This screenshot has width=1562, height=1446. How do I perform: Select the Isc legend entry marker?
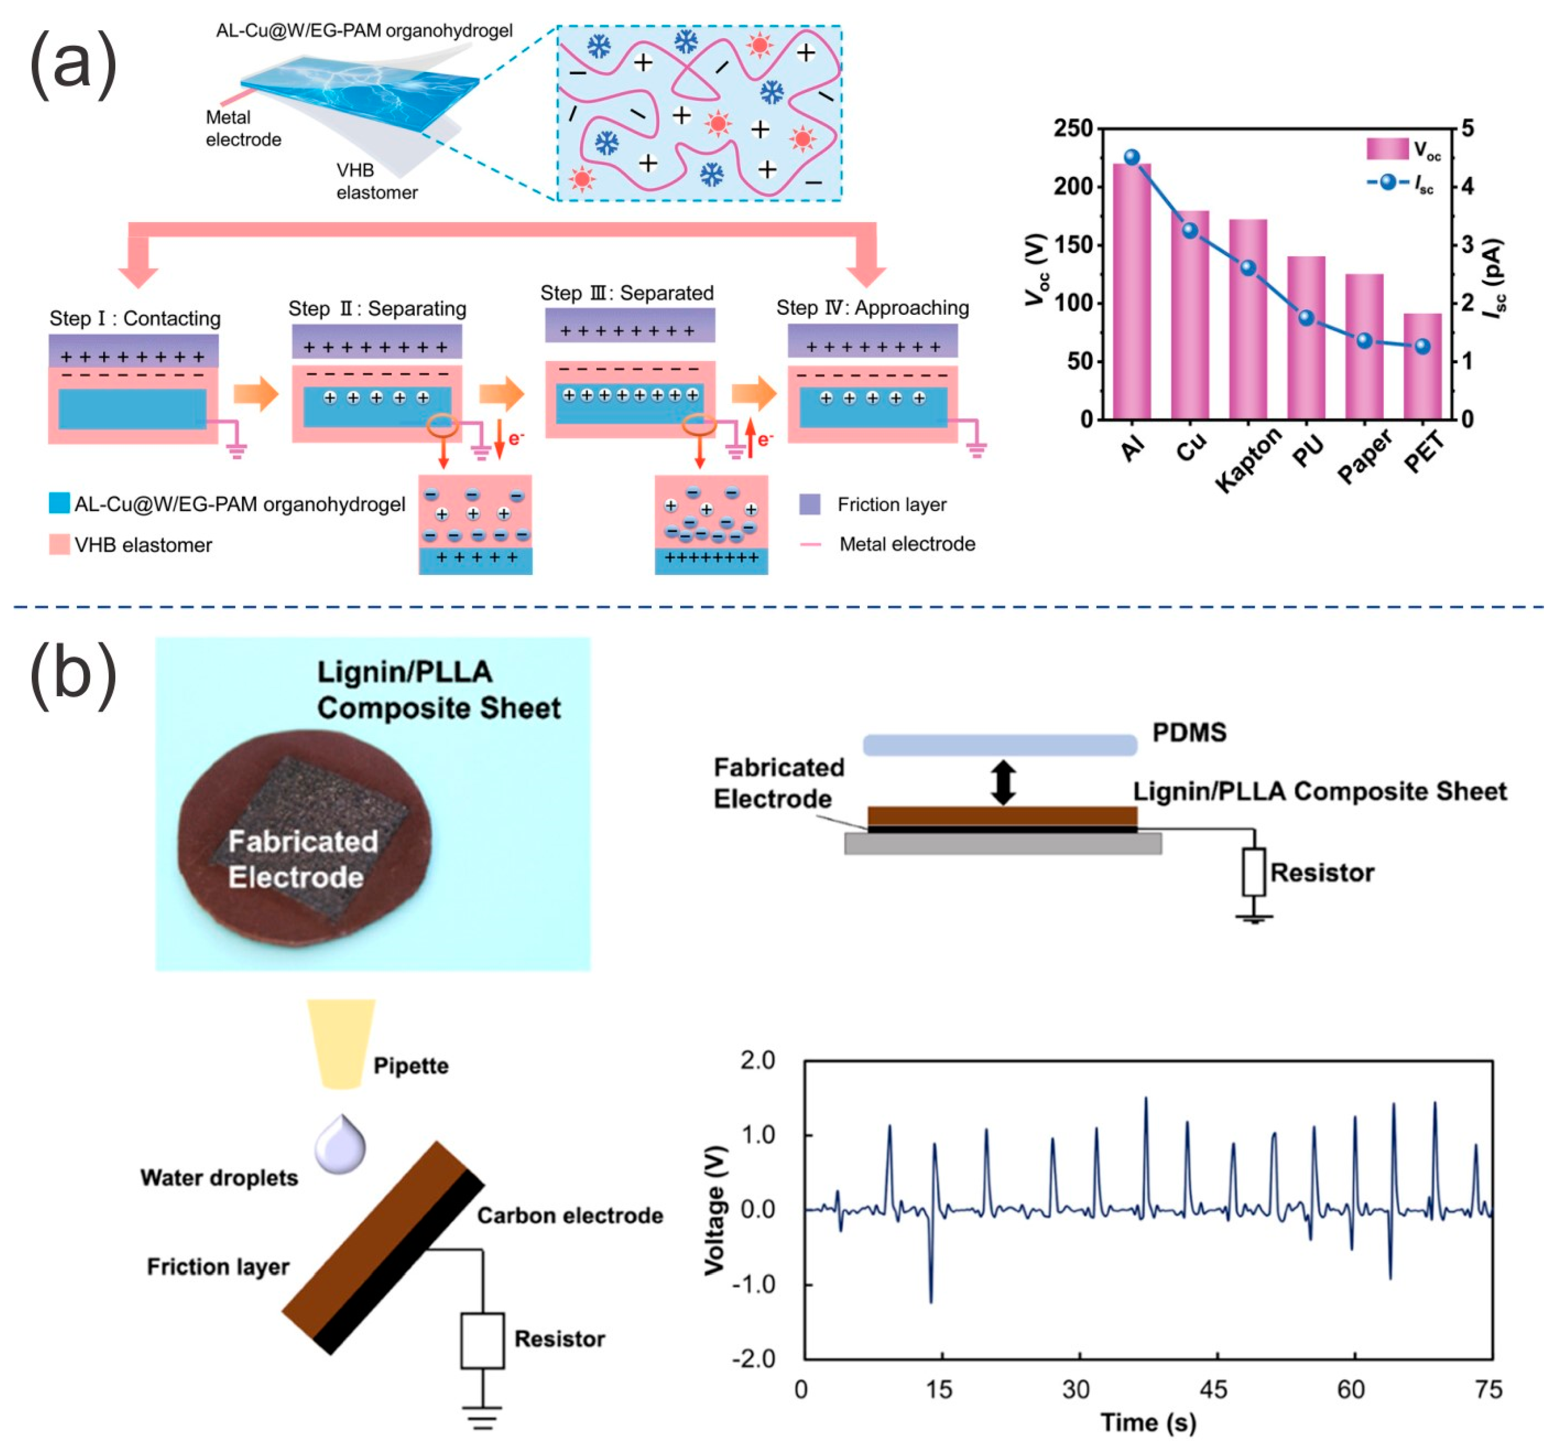[x=1388, y=182]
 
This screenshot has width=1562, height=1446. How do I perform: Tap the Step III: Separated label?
[x=627, y=293]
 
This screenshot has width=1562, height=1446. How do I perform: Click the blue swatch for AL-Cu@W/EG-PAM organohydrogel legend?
[x=58, y=503]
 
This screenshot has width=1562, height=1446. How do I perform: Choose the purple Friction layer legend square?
[x=810, y=504]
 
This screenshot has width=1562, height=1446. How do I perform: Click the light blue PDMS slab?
[x=1000, y=744]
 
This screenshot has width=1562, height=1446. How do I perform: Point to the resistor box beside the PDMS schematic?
[x=1254, y=872]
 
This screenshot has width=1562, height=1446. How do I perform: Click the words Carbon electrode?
[x=570, y=1215]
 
